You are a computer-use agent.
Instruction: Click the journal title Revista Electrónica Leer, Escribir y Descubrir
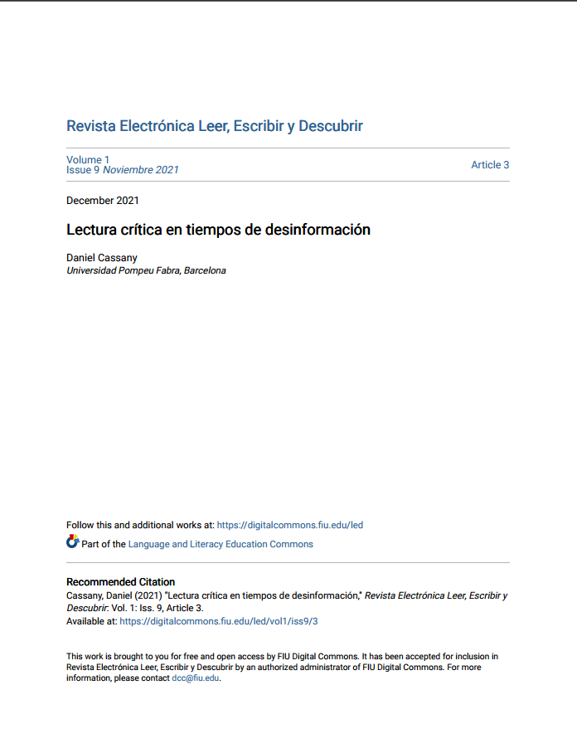coord(214,127)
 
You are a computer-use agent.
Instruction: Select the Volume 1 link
coord(88,159)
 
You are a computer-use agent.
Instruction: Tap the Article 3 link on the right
coord(490,165)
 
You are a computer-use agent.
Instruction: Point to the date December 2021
coord(103,201)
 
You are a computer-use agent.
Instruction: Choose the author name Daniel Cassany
coord(102,258)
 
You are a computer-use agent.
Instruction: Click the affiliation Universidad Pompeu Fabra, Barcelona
coord(146,270)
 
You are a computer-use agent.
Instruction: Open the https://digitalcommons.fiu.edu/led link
coord(289,525)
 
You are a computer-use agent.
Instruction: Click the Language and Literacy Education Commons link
coord(221,544)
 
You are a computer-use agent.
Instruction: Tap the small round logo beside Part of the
coord(72,542)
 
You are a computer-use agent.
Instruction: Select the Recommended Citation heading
coord(120,582)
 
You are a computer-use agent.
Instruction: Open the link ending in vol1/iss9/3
coord(219,620)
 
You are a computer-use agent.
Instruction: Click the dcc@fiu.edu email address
coord(196,678)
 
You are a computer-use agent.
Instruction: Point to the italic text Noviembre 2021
coord(140,170)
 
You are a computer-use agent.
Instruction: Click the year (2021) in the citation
coord(152,595)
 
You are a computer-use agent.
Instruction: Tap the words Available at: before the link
coord(91,620)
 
